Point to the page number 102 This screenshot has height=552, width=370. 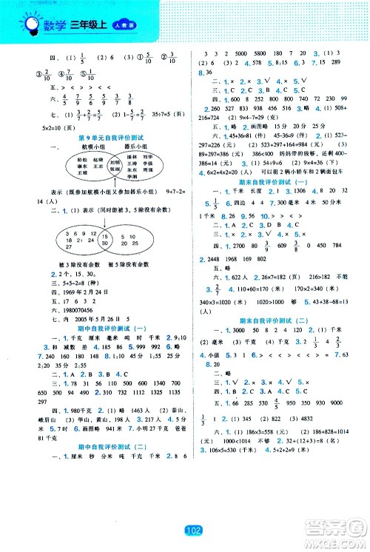click(185, 530)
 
